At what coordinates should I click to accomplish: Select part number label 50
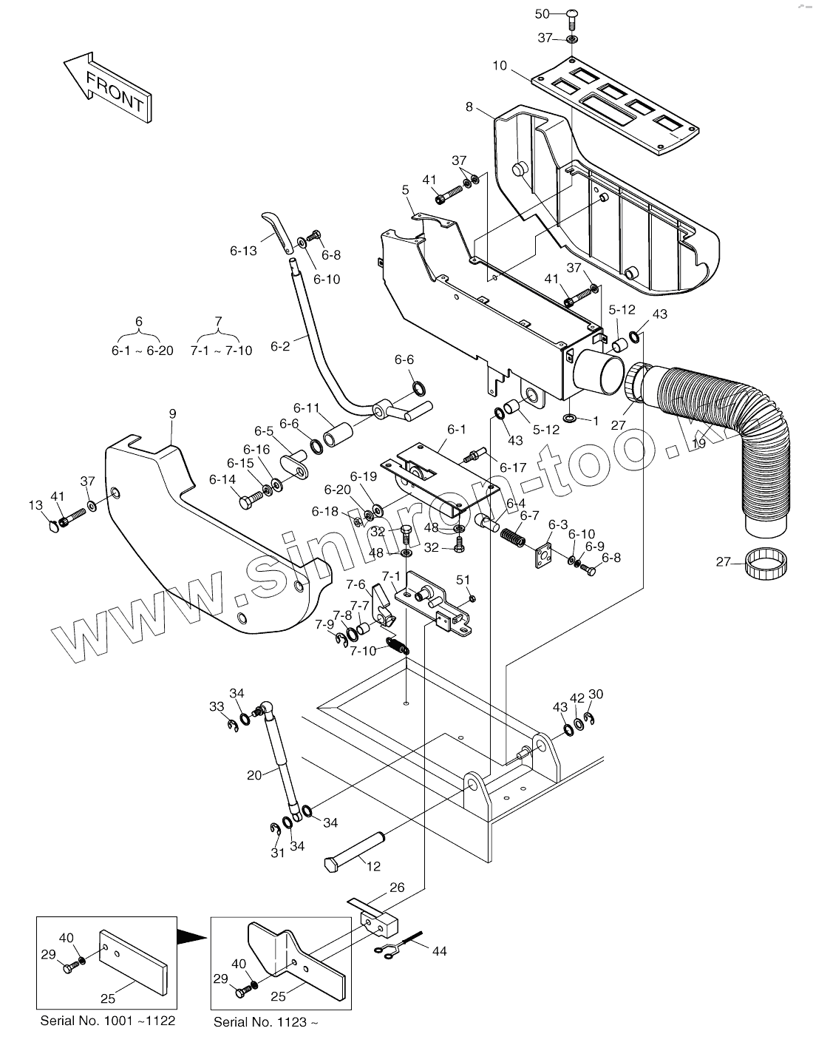(542, 14)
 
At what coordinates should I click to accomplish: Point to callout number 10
(500, 65)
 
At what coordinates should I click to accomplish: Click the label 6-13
(243, 251)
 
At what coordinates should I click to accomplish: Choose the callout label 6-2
(280, 346)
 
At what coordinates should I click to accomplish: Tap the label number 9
(172, 414)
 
